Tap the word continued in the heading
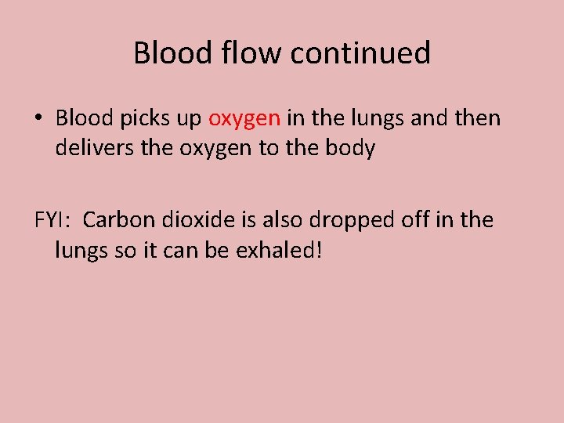pyautogui.click(x=361, y=53)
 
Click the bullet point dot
pyautogui.click(x=38, y=119)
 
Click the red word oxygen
pyautogui.click(x=244, y=120)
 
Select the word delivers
pyautogui.click(x=96, y=148)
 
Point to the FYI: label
pyautogui.click(x=53, y=220)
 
